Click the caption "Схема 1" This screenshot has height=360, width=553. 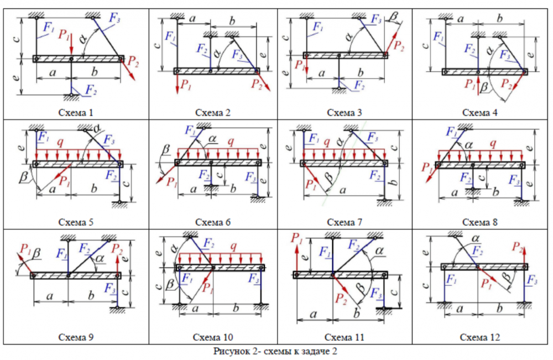[x=76, y=113]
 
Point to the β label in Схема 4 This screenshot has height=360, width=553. [x=484, y=88]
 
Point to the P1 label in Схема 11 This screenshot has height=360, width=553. [x=297, y=239]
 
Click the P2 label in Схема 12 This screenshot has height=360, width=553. [x=518, y=247]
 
